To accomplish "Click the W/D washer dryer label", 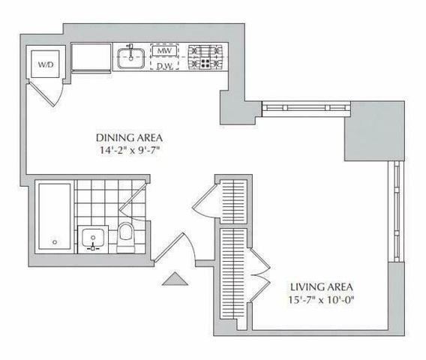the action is (45, 64).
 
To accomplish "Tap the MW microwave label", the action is (165, 51).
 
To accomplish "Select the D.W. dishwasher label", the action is (165, 66).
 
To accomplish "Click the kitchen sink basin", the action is (130, 58).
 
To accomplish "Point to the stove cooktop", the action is (205, 57).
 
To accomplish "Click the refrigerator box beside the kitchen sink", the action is (91, 58).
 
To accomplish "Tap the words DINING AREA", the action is (129, 138).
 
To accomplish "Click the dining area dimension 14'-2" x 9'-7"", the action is (129, 150).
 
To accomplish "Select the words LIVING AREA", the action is (322, 287).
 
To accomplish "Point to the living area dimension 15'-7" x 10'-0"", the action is (322, 300).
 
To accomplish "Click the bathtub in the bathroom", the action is (55, 217).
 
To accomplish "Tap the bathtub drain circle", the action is (55, 241).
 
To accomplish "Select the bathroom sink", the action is (93, 239).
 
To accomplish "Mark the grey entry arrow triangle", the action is (175, 279).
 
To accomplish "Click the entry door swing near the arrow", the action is (175, 248).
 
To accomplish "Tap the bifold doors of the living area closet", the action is (260, 275).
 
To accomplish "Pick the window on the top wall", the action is (306, 108).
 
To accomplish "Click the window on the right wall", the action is (397, 211).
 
